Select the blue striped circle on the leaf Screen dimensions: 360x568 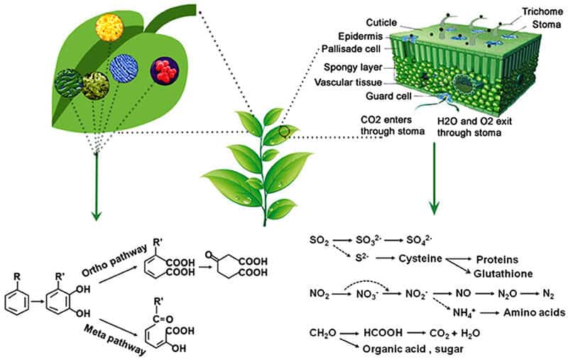pos(124,67)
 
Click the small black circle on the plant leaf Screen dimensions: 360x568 pos(284,131)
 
